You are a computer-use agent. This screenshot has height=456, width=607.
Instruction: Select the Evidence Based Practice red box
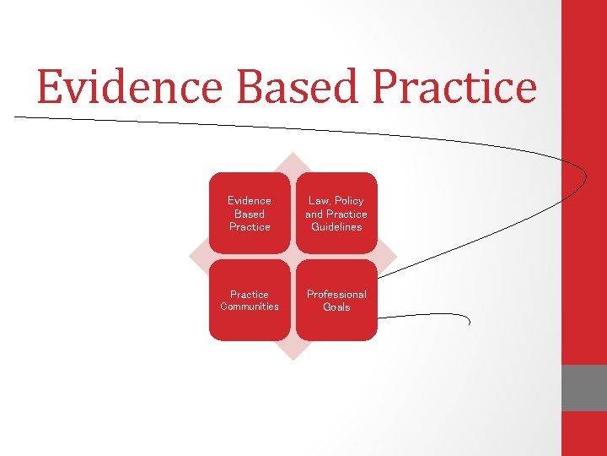[x=250, y=213]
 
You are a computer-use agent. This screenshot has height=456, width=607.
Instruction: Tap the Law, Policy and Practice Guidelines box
[x=336, y=213]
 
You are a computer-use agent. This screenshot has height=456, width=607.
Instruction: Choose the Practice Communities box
[x=250, y=300]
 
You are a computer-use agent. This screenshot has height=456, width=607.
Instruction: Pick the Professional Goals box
[x=336, y=300]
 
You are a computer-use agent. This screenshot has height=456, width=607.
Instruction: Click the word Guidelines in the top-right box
[x=336, y=227]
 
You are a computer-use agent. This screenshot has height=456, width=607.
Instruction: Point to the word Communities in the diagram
[x=250, y=307]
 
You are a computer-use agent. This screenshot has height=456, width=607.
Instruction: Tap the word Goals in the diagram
[x=336, y=307]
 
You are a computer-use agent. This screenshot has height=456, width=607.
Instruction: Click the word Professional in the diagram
[x=336, y=294]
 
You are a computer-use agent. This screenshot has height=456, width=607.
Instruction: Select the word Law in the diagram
[x=319, y=201]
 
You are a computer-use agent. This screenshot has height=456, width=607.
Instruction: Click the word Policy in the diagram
[x=348, y=201]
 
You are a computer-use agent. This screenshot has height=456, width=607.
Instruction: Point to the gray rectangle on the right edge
[x=584, y=388]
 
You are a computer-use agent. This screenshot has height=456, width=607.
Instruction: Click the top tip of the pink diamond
[x=293, y=155]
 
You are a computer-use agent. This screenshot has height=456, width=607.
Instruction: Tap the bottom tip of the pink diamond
[x=293, y=359]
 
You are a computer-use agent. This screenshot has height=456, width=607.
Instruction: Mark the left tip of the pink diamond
[x=191, y=256]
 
